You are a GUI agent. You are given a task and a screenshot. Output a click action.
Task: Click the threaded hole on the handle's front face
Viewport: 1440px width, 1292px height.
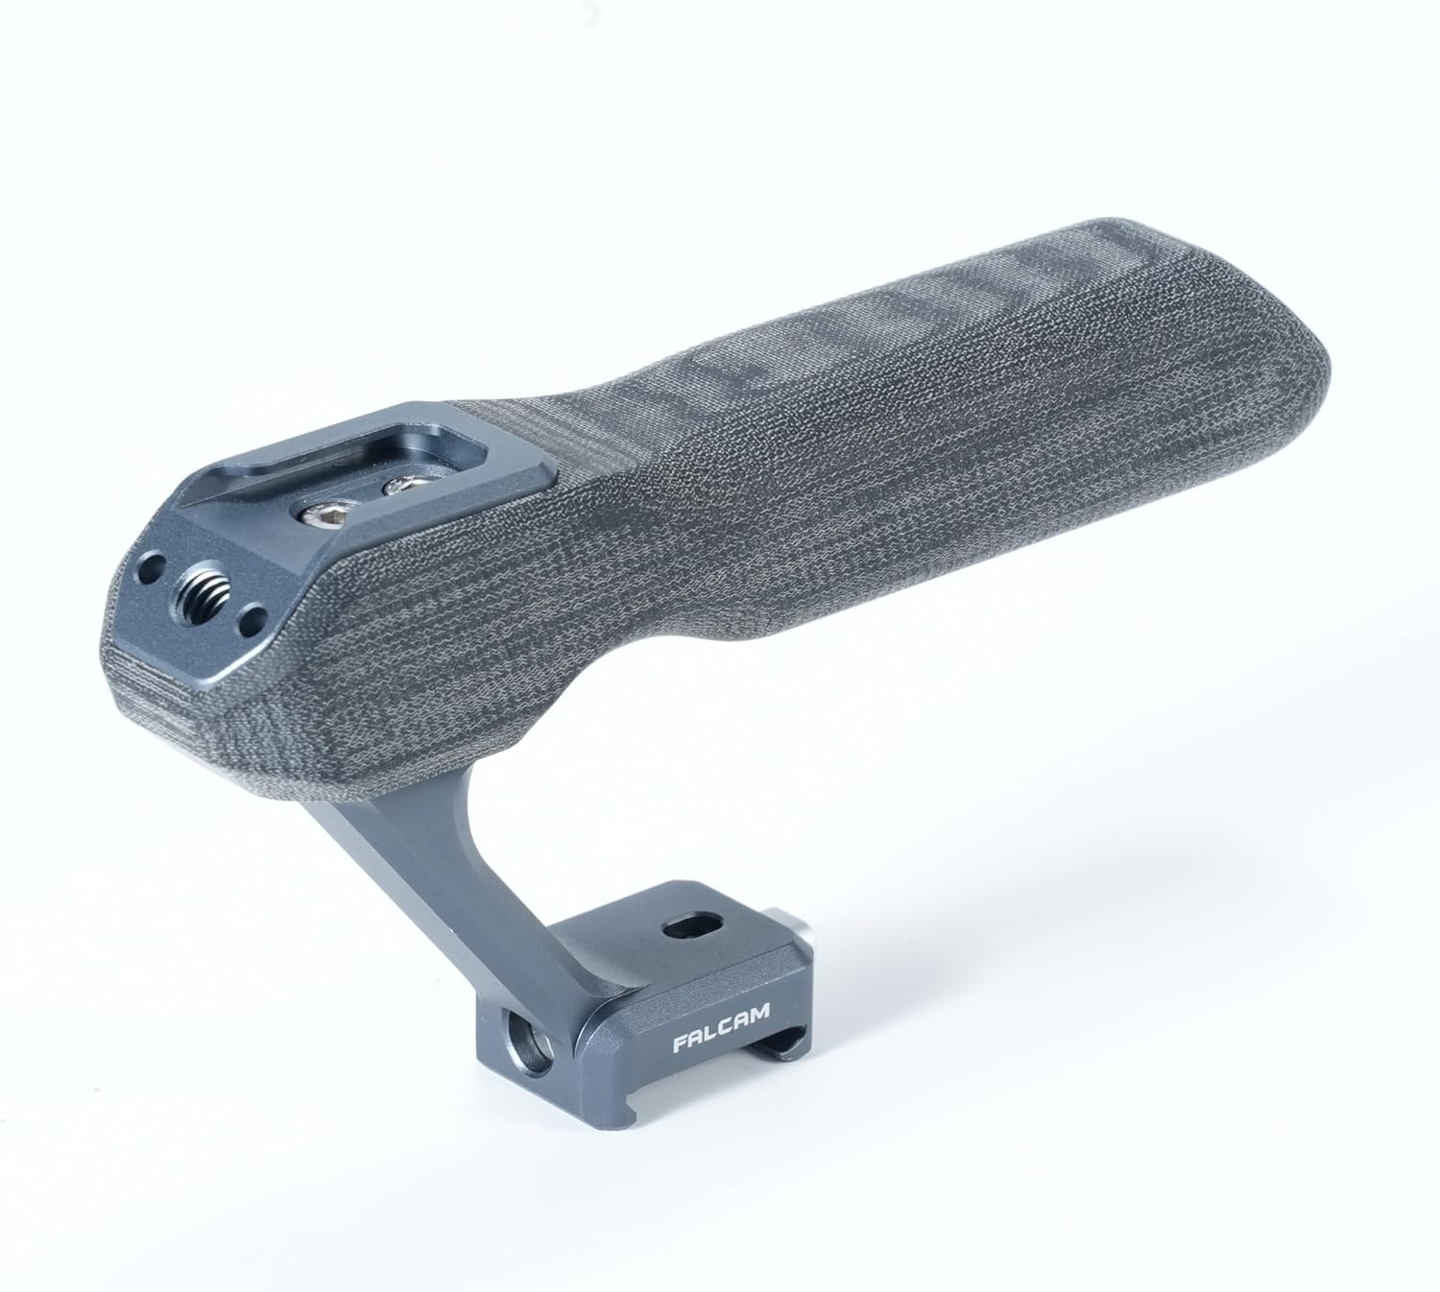tap(204, 606)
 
